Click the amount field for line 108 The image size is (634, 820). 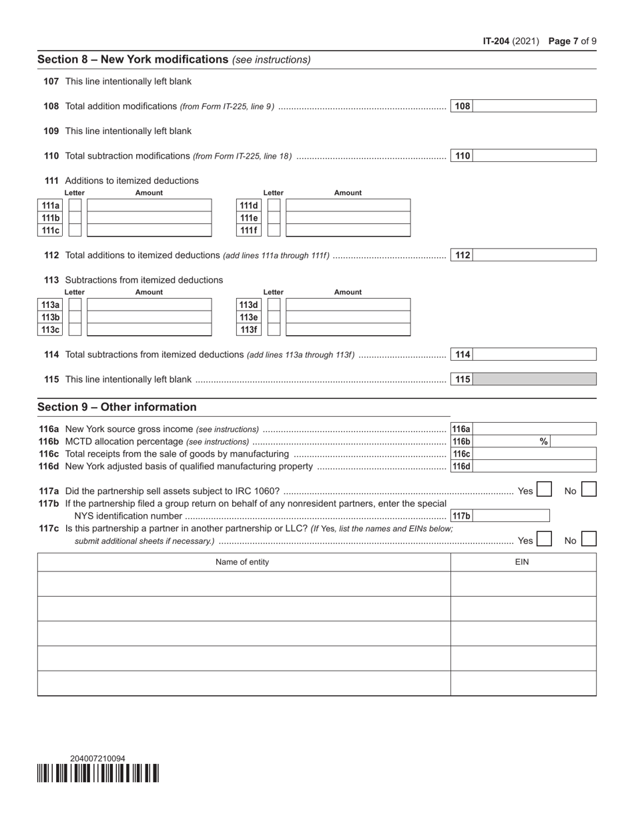pyautogui.click(x=534, y=106)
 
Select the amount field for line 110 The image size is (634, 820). pyautogui.click(x=534, y=156)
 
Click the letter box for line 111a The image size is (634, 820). pyautogui.click(x=75, y=205)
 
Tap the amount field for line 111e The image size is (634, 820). pyautogui.click(x=348, y=218)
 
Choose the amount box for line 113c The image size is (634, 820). pyautogui.click(x=149, y=329)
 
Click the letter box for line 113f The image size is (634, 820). pyautogui.click(x=274, y=329)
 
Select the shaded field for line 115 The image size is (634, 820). pyautogui.click(x=534, y=379)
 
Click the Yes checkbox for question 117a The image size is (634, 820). pyautogui.click(x=544, y=490)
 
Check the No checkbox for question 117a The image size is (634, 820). pyautogui.click(x=589, y=490)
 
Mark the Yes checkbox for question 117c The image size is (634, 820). pyautogui.click(x=544, y=539)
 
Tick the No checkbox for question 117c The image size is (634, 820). pyautogui.click(x=589, y=539)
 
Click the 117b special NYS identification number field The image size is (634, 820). pyautogui.click(x=511, y=515)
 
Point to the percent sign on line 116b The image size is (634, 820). pyautogui.click(x=543, y=441)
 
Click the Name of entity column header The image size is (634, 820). pyautogui.click(x=242, y=562)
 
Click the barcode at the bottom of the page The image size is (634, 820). pyautogui.click(x=98, y=773)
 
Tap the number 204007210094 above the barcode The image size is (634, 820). pyautogui.click(x=97, y=758)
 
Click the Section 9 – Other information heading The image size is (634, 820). pyautogui.click(x=117, y=407)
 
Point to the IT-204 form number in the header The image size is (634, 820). pyautogui.click(x=497, y=41)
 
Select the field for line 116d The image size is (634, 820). pyautogui.click(x=534, y=466)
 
